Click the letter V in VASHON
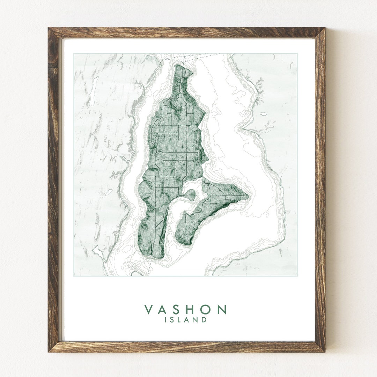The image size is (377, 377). (x=149, y=310)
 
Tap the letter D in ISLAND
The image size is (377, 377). (x=204, y=319)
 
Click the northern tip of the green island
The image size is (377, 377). (x=178, y=65)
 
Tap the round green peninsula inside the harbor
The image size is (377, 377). (x=191, y=195)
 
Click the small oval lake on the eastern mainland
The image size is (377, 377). (x=263, y=114)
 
